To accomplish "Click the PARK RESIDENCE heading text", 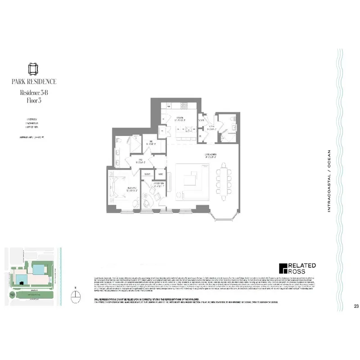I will point(35,81).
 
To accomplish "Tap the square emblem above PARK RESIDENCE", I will point(35,68).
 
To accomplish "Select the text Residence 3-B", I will point(35,93).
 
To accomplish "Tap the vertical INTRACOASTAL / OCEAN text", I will point(329,180).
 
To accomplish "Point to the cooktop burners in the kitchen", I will point(183,106).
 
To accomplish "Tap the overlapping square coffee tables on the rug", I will point(190,180).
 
